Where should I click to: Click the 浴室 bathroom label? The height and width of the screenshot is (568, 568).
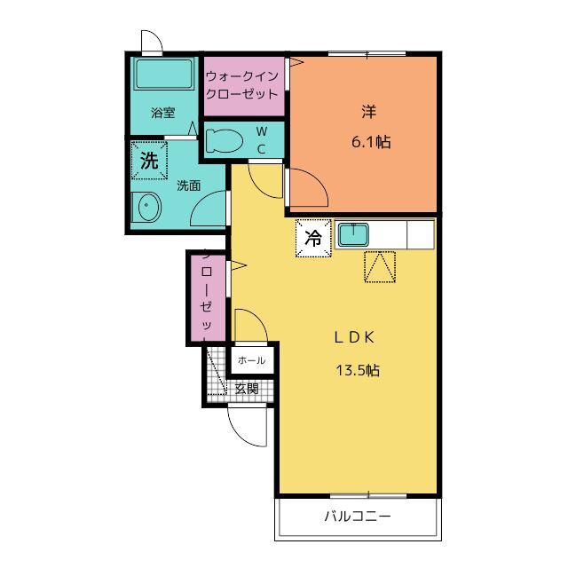pos(162,113)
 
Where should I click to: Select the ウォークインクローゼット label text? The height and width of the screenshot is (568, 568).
pos(242,85)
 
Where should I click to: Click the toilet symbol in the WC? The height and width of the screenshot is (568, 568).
pos(224,140)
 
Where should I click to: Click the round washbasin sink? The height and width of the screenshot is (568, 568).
pos(146,208)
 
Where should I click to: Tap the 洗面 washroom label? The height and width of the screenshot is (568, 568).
pos(187,185)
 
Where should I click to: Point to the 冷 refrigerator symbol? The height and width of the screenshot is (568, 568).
pos(312,237)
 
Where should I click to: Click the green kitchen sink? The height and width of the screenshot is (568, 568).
pos(355,235)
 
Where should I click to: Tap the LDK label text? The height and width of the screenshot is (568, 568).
pos(357,337)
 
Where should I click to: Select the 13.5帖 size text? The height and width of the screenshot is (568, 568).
pos(357,370)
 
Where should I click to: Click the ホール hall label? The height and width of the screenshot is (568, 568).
pos(251,360)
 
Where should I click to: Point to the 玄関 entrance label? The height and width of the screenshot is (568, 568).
pos(247,388)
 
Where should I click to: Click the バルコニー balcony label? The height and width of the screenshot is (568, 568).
pos(357,517)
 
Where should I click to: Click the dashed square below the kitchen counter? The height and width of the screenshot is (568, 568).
pos(380,267)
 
